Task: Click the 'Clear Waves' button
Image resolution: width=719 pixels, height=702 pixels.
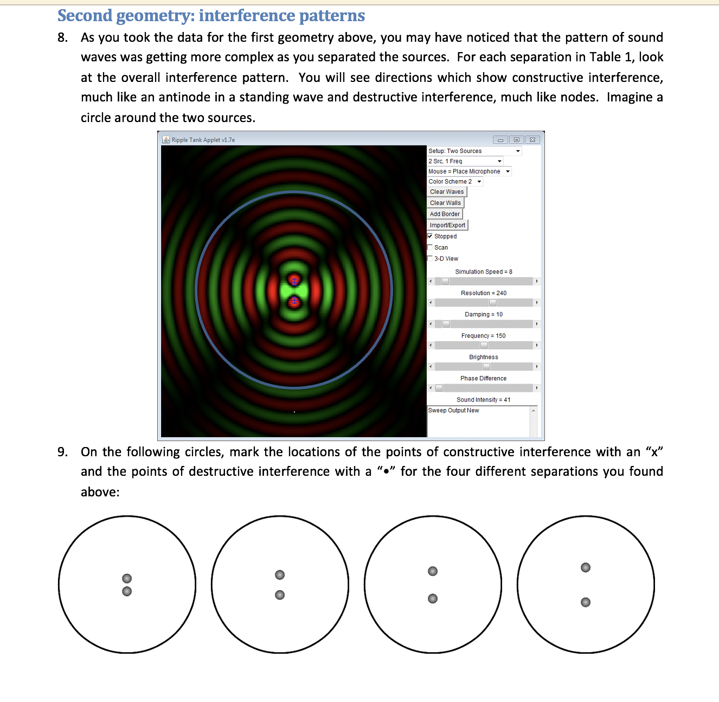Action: point(447,192)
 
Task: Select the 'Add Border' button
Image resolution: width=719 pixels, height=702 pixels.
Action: point(445,214)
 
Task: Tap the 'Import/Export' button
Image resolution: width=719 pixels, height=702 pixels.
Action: point(447,225)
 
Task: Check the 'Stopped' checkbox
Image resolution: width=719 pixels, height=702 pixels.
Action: point(430,237)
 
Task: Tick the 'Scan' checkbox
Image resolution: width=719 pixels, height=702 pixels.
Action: point(430,247)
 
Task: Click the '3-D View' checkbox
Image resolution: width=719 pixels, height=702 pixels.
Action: point(430,259)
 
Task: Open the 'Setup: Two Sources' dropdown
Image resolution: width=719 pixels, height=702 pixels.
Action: point(474,151)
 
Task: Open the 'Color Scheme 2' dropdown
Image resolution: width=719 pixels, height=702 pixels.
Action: point(455,182)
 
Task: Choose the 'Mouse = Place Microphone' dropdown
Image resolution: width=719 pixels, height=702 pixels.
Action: point(469,171)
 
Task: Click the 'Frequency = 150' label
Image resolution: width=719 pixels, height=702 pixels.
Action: point(483,336)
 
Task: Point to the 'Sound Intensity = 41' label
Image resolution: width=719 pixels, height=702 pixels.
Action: point(483,400)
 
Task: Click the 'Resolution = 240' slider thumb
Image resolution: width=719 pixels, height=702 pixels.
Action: point(493,303)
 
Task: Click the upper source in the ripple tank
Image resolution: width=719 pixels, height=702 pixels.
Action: point(294,281)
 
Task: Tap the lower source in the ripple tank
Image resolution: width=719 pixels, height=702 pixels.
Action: point(294,301)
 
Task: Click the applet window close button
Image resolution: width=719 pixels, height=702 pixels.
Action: point(532,140)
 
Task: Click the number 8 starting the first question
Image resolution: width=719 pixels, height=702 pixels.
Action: point(62,37)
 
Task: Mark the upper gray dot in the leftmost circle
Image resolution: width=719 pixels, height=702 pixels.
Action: point(127,578)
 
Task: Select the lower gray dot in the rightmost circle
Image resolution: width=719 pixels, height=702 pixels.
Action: point(586,602)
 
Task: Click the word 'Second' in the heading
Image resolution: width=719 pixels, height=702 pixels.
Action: point(85,16)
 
